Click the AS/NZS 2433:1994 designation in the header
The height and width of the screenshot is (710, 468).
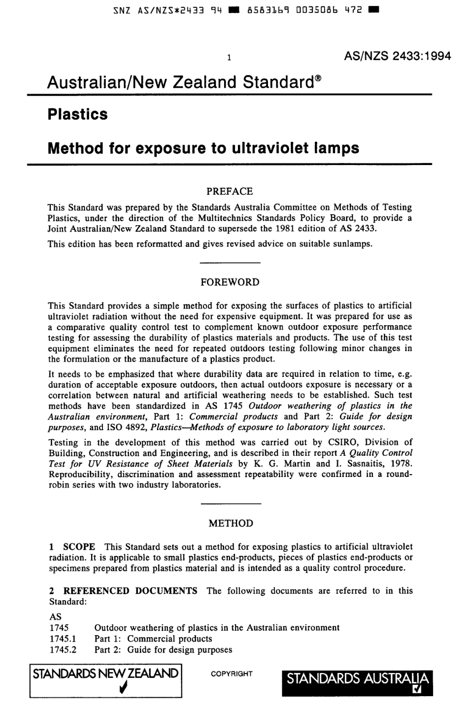(x=397, y=56)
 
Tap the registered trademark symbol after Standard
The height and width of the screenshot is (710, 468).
(x=318, y=78)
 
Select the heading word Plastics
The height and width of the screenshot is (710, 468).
(x=77, y=114)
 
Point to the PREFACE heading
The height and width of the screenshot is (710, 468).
(x=230, y=191)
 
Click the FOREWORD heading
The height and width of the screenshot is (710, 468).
(x=230, y=282)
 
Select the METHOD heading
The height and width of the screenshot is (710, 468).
(x=231, y=523)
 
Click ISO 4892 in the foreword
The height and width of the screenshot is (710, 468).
(x=125, y=427)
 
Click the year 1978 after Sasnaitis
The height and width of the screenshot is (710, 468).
(x=401, y=464)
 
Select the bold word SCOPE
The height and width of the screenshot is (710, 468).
(x=79, y=547)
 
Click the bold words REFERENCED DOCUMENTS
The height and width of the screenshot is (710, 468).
(x=130, y=591)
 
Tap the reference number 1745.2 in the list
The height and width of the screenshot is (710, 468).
(x=63, y=649)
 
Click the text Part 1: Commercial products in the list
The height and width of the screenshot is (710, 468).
(x=153, y=639)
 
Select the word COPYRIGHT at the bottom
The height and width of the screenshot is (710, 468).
(x=232, y=674)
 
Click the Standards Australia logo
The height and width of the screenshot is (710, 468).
(x=357, y=683)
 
